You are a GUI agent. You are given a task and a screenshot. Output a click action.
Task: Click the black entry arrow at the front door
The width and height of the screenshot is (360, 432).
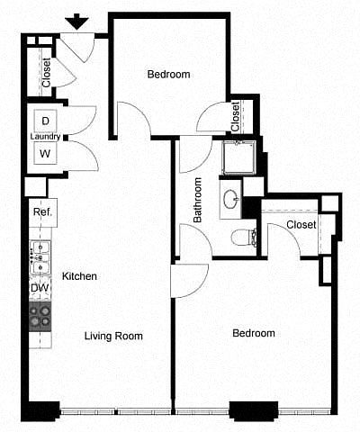point(77,23)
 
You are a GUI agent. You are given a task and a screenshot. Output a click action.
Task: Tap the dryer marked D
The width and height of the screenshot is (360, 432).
point(45,121)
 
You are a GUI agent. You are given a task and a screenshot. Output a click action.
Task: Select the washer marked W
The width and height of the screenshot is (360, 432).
point(45,154)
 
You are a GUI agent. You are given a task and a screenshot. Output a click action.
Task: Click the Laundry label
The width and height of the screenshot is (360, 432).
point(45,137)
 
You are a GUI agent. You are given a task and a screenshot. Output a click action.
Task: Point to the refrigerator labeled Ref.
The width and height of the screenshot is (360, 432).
point(42,212)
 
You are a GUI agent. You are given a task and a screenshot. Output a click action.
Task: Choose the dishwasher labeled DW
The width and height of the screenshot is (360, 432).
point(40,288)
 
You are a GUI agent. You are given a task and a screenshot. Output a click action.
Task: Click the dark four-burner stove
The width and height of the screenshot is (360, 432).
point(40,317)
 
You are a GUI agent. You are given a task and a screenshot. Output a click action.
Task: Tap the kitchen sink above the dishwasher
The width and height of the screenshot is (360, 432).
point(40,257)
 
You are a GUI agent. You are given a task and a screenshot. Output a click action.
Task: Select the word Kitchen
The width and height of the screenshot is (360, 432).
point(79,276)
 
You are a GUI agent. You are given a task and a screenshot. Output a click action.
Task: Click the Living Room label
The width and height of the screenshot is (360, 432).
point(113,336)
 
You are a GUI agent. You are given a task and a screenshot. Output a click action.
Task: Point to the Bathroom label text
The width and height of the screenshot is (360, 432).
point(197,200)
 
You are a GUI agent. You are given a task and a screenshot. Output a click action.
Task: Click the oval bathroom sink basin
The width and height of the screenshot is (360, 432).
point(231,198)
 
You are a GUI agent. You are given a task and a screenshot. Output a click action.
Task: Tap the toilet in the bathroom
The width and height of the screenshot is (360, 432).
point(244,238)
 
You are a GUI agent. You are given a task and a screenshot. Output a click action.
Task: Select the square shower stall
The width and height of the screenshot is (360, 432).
point(238,157)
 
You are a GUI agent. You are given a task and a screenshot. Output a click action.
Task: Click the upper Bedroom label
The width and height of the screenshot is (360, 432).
point(168,74)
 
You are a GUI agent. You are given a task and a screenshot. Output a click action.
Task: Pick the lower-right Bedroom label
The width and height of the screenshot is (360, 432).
point(254,333)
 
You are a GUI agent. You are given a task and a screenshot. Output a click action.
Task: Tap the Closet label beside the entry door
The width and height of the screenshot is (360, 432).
point(47,73)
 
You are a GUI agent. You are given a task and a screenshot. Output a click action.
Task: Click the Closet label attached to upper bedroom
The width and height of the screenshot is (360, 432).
point(236,117)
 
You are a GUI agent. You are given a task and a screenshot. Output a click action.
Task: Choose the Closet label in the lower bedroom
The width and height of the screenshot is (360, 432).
point(301,224)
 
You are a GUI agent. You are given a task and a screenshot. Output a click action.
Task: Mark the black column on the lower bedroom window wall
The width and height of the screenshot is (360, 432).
point(254,410)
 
